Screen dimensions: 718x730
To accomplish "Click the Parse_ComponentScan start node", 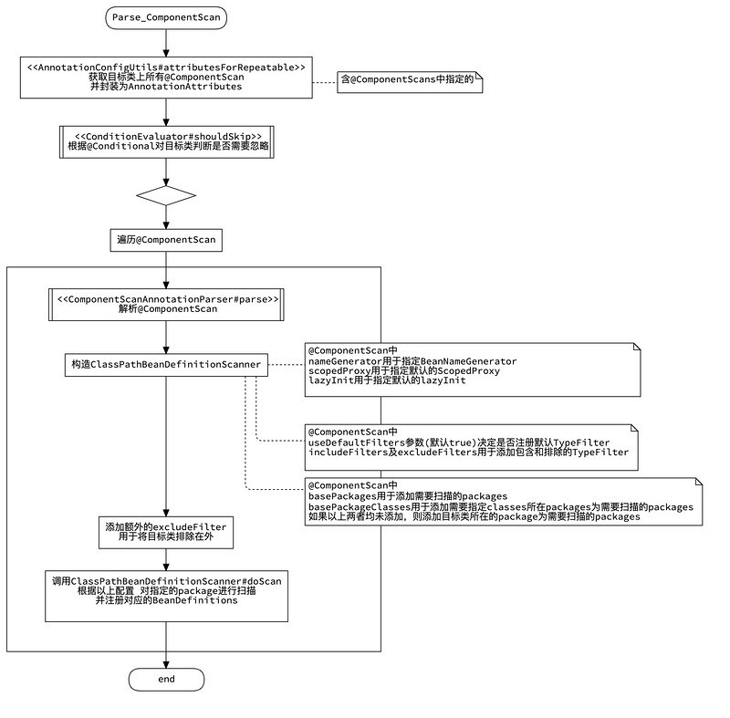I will coord(165,16).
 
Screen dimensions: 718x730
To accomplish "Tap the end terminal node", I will coord(165,680).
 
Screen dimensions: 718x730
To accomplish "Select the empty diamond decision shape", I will coord(165,195).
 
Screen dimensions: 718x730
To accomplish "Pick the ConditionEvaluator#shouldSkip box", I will coord(165,141).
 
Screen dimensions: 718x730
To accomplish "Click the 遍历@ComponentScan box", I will coord(165,240).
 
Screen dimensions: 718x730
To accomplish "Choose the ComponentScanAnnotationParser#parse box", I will coord(165,304).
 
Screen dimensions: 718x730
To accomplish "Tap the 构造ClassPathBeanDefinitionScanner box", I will coord(165,365).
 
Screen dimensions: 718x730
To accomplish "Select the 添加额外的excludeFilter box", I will coord(165,533).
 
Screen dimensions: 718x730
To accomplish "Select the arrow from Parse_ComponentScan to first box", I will coord(165,44).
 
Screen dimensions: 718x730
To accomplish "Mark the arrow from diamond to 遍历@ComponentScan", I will coord(165,219).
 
